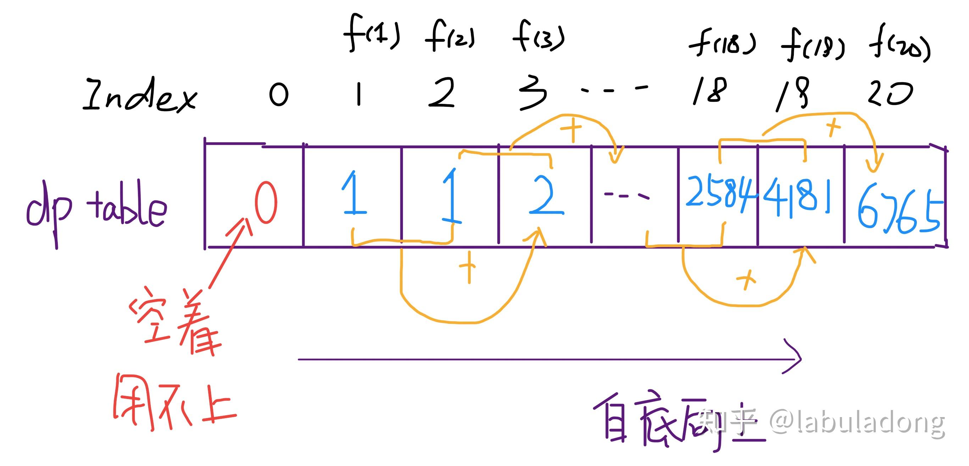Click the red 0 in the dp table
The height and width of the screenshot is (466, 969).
266,203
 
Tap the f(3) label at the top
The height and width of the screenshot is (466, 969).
539,37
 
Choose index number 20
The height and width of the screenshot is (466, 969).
890,93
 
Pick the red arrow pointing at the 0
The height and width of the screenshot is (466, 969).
230,254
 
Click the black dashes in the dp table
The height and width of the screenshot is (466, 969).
626,195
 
